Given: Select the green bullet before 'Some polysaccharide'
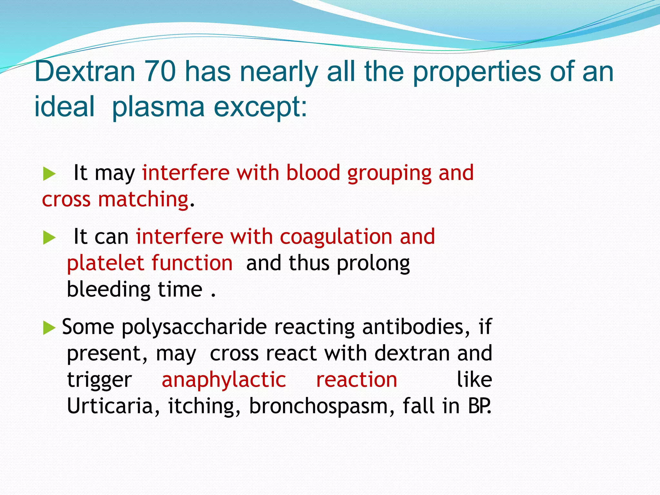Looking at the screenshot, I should (x=49, y=328).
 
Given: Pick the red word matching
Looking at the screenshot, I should (x=143, y=199).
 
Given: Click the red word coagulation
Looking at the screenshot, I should (x=336, y=237).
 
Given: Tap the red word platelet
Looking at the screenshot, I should (x=105, y=263).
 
